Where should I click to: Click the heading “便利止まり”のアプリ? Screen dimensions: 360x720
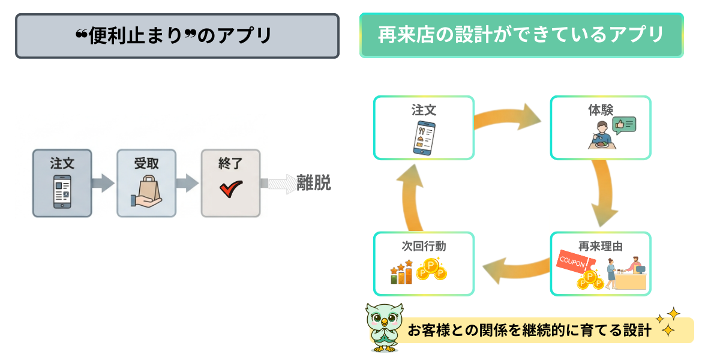[177, 36]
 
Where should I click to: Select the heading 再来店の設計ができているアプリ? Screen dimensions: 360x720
[521, 35]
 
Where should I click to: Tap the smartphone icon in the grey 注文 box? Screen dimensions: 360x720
[62, 191]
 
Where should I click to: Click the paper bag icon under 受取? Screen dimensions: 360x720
[146, 191]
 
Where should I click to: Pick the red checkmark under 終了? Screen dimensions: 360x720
[230, 188]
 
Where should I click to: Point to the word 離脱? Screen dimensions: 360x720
[314, 184]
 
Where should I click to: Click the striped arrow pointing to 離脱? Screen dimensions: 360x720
[279, 184]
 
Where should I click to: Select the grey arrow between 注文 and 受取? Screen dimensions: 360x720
[103, 183]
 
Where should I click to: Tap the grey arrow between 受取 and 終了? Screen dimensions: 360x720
[187, 183]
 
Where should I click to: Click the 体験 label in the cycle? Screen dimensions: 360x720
[600, 110]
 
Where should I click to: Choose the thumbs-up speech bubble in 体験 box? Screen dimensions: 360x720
[624, 125]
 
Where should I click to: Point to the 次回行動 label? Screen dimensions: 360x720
[424, 246]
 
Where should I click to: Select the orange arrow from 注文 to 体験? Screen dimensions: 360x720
[510, 117]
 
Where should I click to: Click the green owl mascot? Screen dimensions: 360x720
[385, 327]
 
